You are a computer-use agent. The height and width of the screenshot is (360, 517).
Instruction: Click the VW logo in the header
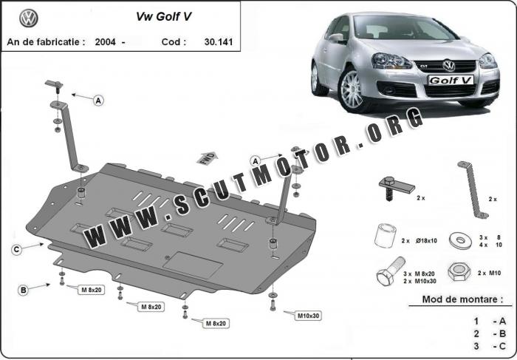(29, 18)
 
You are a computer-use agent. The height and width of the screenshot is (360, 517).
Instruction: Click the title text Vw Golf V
(163, 16)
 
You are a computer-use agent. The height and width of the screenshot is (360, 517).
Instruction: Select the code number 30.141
(219, 42)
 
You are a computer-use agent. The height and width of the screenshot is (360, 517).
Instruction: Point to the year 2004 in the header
(105, 42)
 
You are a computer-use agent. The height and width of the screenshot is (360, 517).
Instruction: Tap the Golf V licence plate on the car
(451, 80)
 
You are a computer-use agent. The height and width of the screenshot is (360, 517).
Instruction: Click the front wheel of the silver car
(352, 89)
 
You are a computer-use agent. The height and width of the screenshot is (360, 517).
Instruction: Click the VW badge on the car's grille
(449, 65)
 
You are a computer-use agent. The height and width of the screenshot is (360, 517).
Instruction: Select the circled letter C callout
(16, 250)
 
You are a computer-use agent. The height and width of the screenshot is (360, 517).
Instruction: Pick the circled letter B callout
(23, 291)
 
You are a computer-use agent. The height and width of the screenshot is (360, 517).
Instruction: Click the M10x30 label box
(308, 316)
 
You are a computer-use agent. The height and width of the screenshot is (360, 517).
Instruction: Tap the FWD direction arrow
(208, 158)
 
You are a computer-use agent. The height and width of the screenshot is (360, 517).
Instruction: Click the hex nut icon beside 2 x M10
(459, 271)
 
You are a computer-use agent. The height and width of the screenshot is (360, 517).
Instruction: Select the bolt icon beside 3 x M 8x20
(390, 271)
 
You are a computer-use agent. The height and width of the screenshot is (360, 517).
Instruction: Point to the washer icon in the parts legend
(460, 240)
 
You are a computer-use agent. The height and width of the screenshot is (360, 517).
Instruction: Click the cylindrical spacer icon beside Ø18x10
(385, 236)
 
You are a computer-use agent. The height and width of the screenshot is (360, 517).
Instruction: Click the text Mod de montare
(462, 299)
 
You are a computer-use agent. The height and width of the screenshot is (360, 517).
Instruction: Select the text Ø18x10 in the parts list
(426, 241)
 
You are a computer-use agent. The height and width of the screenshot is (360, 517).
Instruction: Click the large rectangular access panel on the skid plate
(193, 265)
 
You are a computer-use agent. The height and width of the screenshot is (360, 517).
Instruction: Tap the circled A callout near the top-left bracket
(98, 101)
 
